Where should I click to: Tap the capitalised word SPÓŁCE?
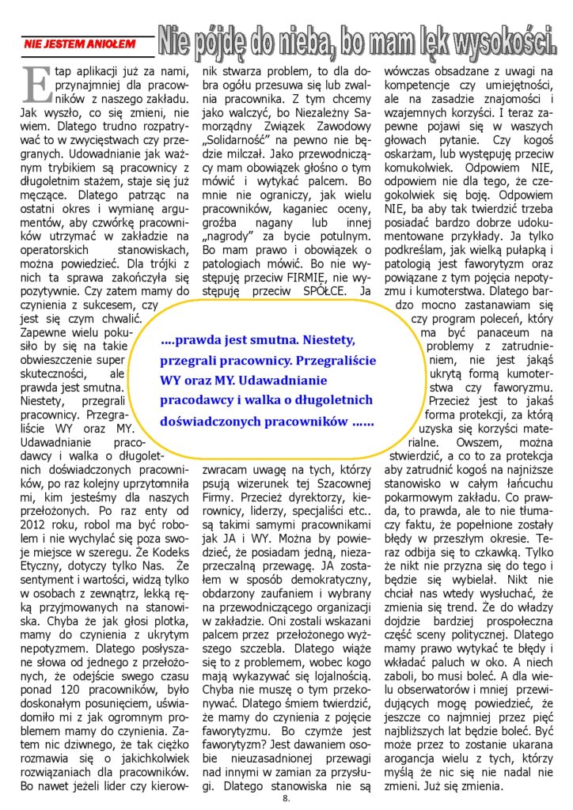pos(315,290)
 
